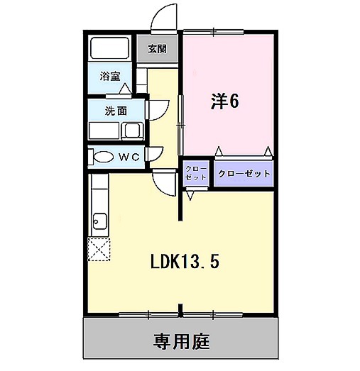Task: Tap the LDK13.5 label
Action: (184, 262)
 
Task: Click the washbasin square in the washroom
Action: (132, 131)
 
